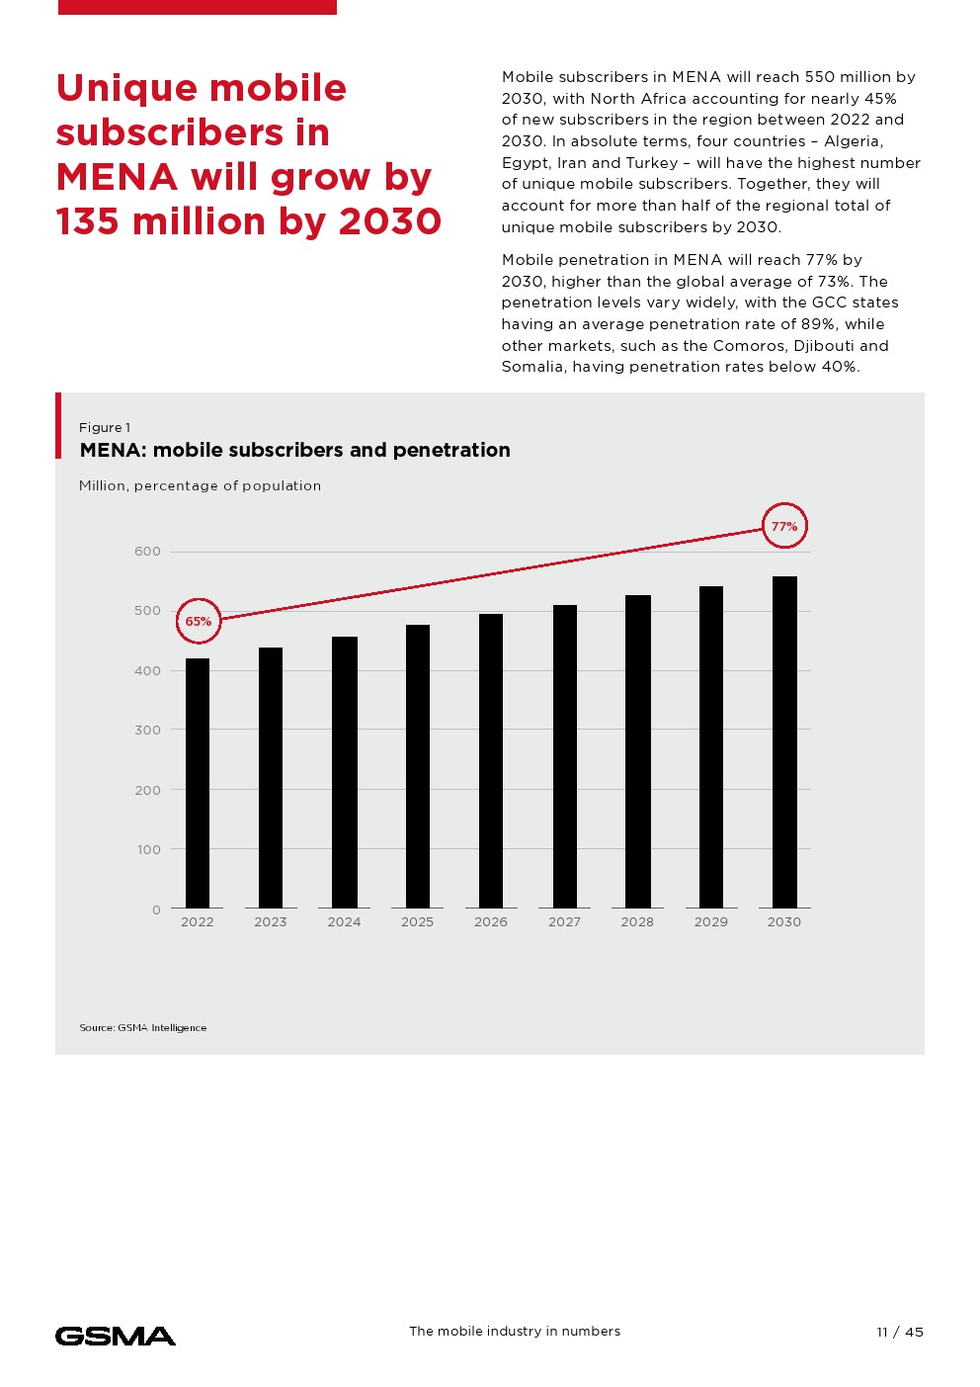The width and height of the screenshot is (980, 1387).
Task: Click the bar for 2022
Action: click(x=198, y=783)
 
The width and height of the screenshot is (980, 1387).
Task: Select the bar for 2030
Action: click(x=784, y=741)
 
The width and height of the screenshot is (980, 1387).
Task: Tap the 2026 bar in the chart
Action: click(x=491, y=760)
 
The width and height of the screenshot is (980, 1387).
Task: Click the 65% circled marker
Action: click(x=199, y=622)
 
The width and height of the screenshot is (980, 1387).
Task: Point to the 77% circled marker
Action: click(x=784, y=527)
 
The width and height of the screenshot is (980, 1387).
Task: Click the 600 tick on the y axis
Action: click(x=147, y=552)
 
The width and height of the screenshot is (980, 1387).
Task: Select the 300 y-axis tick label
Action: click(x=147, y=731)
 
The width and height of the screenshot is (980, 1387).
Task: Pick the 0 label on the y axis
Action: click(x=156, y=910)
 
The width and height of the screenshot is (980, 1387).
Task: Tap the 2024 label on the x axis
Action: click(x=344, y=922)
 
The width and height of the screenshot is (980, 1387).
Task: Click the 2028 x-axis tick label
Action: click(x=637, y=922)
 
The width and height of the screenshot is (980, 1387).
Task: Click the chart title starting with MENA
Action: click(x=294, y=450)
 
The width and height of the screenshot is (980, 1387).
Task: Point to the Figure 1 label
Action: click(x=105, y=428)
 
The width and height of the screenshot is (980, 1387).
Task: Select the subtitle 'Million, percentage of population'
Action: click(x=200, y=486)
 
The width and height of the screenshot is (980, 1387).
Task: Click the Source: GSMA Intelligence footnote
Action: click(x=143, y=1028)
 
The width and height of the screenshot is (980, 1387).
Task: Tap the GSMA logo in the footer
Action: click(x=116, y=1336)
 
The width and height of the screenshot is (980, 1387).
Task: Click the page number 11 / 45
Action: click(x=900, y=1332)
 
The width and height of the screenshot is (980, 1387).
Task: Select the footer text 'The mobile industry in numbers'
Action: click(x=515, y=1332)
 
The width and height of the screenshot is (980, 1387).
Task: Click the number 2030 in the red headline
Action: click(x=389, y=221)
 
